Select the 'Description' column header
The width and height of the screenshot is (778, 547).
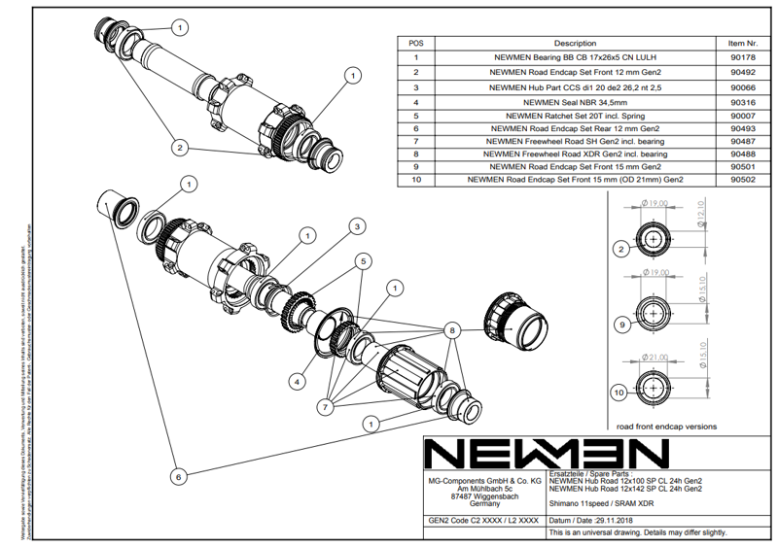(575, 43)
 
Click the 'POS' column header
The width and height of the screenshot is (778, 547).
(415, 43)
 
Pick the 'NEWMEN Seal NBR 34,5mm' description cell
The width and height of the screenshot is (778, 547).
(575, 101)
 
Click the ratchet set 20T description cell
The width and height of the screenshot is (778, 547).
(575, 115)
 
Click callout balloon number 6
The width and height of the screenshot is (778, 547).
(177, 477)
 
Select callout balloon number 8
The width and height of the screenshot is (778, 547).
(450, 330)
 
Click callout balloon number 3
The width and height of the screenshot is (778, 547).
(358, 225)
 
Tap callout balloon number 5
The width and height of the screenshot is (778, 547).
(362, 260)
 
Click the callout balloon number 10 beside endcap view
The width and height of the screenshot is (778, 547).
(619, 393)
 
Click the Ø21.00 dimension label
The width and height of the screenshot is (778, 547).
(655, 356)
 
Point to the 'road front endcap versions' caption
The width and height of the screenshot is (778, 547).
(666, 426)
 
